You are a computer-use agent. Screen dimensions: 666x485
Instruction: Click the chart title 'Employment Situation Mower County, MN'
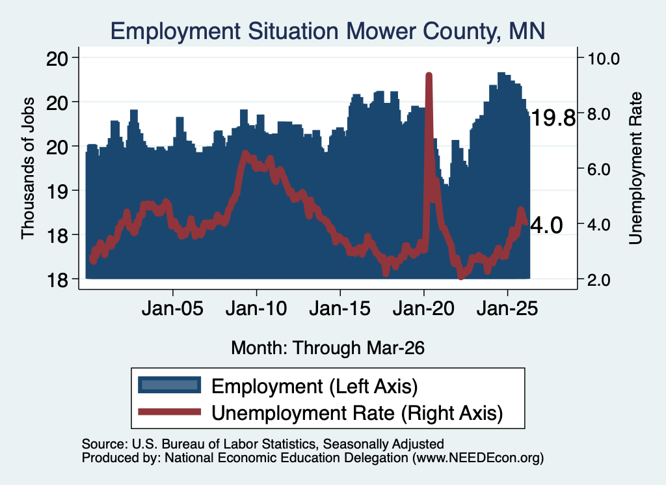pyautogui.click(x=328, y=31)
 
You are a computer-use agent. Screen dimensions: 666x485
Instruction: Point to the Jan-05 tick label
pyautogui.click(x=172, y=308)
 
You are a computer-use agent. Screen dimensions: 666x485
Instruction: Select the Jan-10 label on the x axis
pyautogui.click(x=256, y=308)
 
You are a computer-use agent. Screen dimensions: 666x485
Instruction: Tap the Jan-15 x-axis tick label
pyautogui.click(x=340, y=308)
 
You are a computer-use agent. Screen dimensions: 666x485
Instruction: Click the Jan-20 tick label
pyautogui.click(x=423, y=308)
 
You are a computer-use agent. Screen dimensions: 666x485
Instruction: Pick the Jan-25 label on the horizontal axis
pyautogui.click(x=507, y=308)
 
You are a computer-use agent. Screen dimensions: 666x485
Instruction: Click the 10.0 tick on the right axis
pyautogui.click(x=604, y=59)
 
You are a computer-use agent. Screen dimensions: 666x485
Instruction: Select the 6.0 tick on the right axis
pyautogui.click(x=599, y=169)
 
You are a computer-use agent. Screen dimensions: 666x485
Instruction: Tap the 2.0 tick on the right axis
pyautogui.click(x=599, y=280)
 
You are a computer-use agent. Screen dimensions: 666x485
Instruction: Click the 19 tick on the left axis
pyautogui.click(x=57, y=191)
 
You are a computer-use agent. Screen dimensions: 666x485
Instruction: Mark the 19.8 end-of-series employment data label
pyautogui.click(x=553, y=118)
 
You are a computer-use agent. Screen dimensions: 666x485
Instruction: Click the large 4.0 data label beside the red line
pyautogui.click(x=546, y=225)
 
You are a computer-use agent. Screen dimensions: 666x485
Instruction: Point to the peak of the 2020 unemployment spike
pyautogui.click(x=429, y=76)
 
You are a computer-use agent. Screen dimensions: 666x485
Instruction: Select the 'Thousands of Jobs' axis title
pyautogui.click(x=27, y=168)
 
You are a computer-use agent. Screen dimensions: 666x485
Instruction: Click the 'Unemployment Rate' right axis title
pyautogui.click(x=635, y=169)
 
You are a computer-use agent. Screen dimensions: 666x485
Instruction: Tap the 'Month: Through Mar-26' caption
pyautogui.click(x=328, y=348)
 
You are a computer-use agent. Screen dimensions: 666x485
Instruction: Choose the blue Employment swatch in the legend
pyautogui.click(x=170, y=385)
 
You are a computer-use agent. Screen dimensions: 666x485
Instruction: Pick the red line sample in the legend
pyautogui.click(x=170, y=411)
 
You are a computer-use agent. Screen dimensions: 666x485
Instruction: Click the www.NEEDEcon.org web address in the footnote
pyautogui.click(x=477, y=458)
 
